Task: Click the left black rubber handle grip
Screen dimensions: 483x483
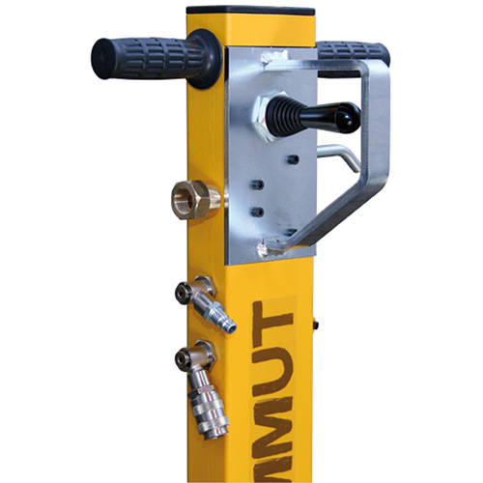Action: click(x=140, y=57)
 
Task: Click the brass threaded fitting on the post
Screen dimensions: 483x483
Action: click(x=191, y=200)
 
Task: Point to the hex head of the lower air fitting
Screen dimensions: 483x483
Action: click(x=182, y=358)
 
